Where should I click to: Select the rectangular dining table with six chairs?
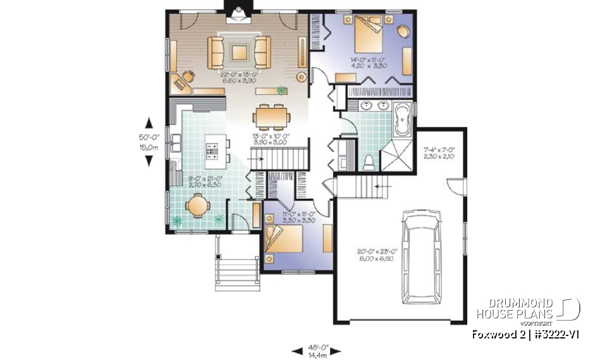(273, 117)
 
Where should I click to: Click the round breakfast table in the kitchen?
(197, 206)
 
